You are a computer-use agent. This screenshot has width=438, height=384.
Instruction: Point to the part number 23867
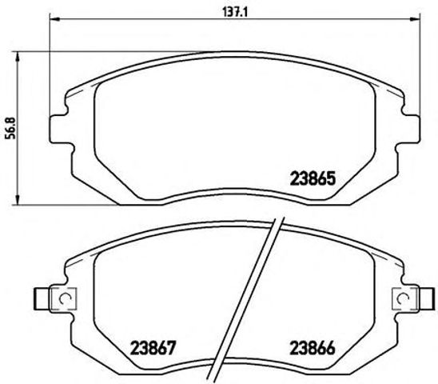point(152,349)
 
